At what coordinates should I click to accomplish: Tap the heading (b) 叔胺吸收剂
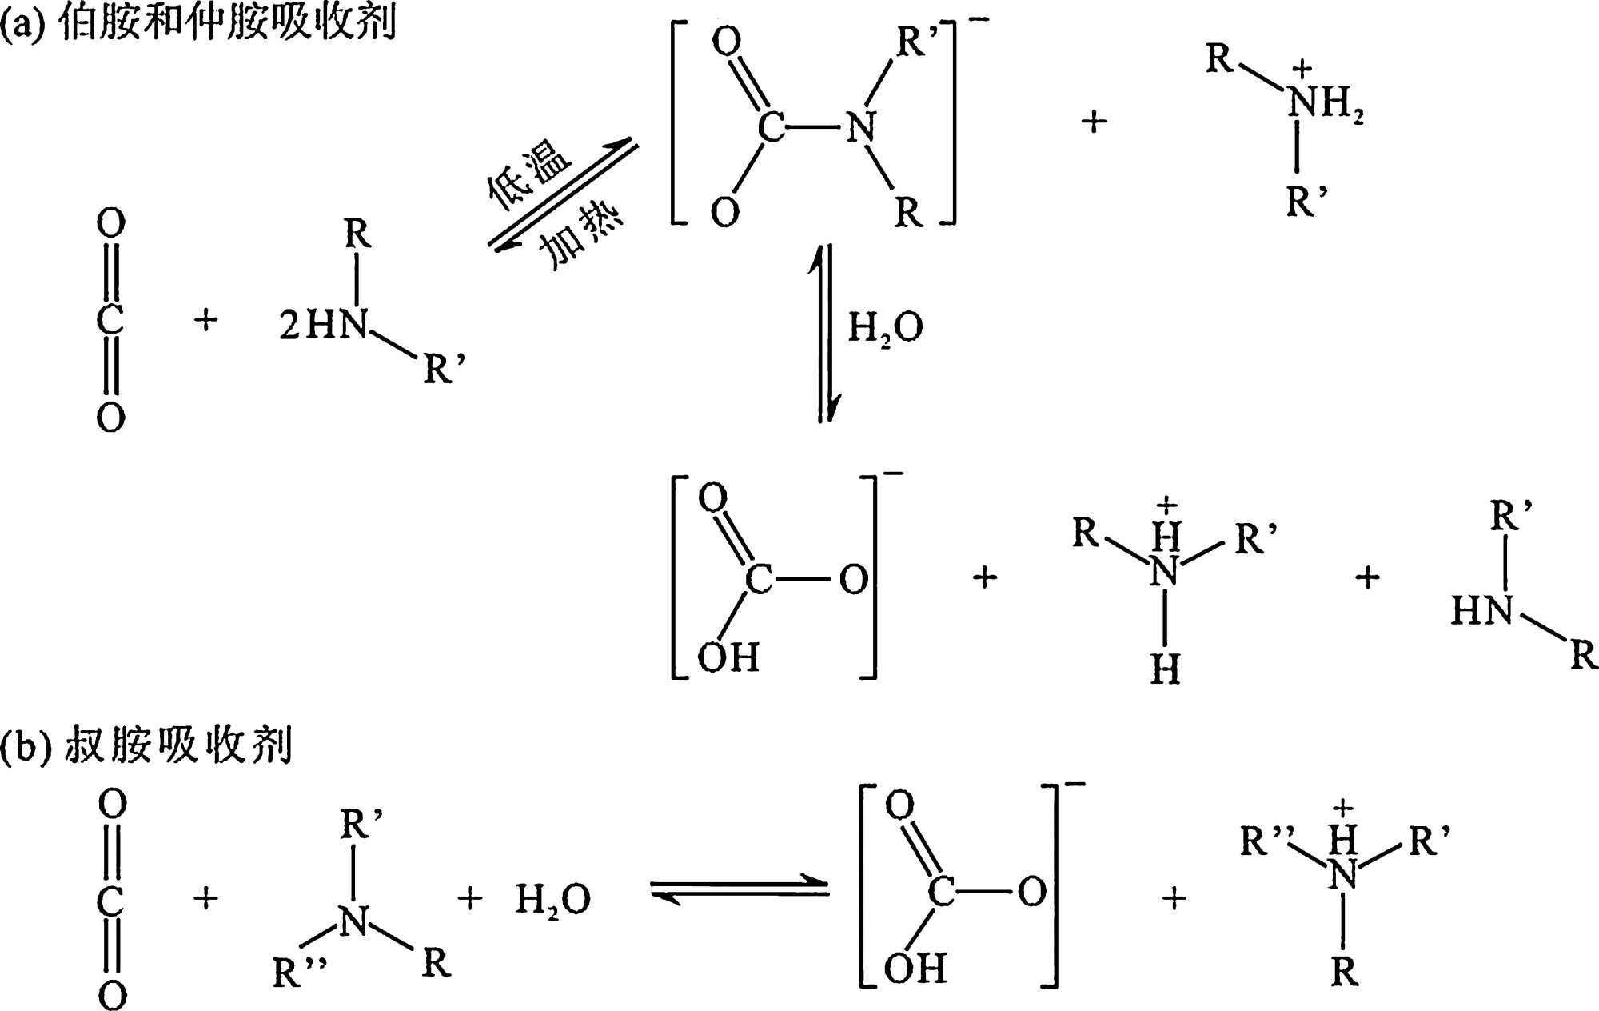pos(146,745)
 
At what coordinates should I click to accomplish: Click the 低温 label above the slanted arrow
pos(529,174)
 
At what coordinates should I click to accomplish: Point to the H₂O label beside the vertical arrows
pos(885,327)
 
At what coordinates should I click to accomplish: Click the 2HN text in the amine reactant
pos(324,325)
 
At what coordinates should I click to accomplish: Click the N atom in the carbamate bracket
pos(861,127)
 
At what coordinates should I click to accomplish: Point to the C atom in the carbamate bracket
pos(771,127)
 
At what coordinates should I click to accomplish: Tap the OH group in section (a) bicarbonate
pos(728,657)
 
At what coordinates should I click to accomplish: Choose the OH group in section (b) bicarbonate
pos(915,969)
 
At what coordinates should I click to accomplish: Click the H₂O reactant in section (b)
pos(552,900)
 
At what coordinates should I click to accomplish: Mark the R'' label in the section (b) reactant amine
pos(299,972)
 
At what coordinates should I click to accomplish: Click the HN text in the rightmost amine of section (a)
pos(1481,612)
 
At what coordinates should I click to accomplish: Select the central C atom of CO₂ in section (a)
pos(110,320)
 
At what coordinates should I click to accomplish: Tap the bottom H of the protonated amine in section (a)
pos(1165,669)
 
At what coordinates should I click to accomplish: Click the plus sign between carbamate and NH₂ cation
pos(1094,122)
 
